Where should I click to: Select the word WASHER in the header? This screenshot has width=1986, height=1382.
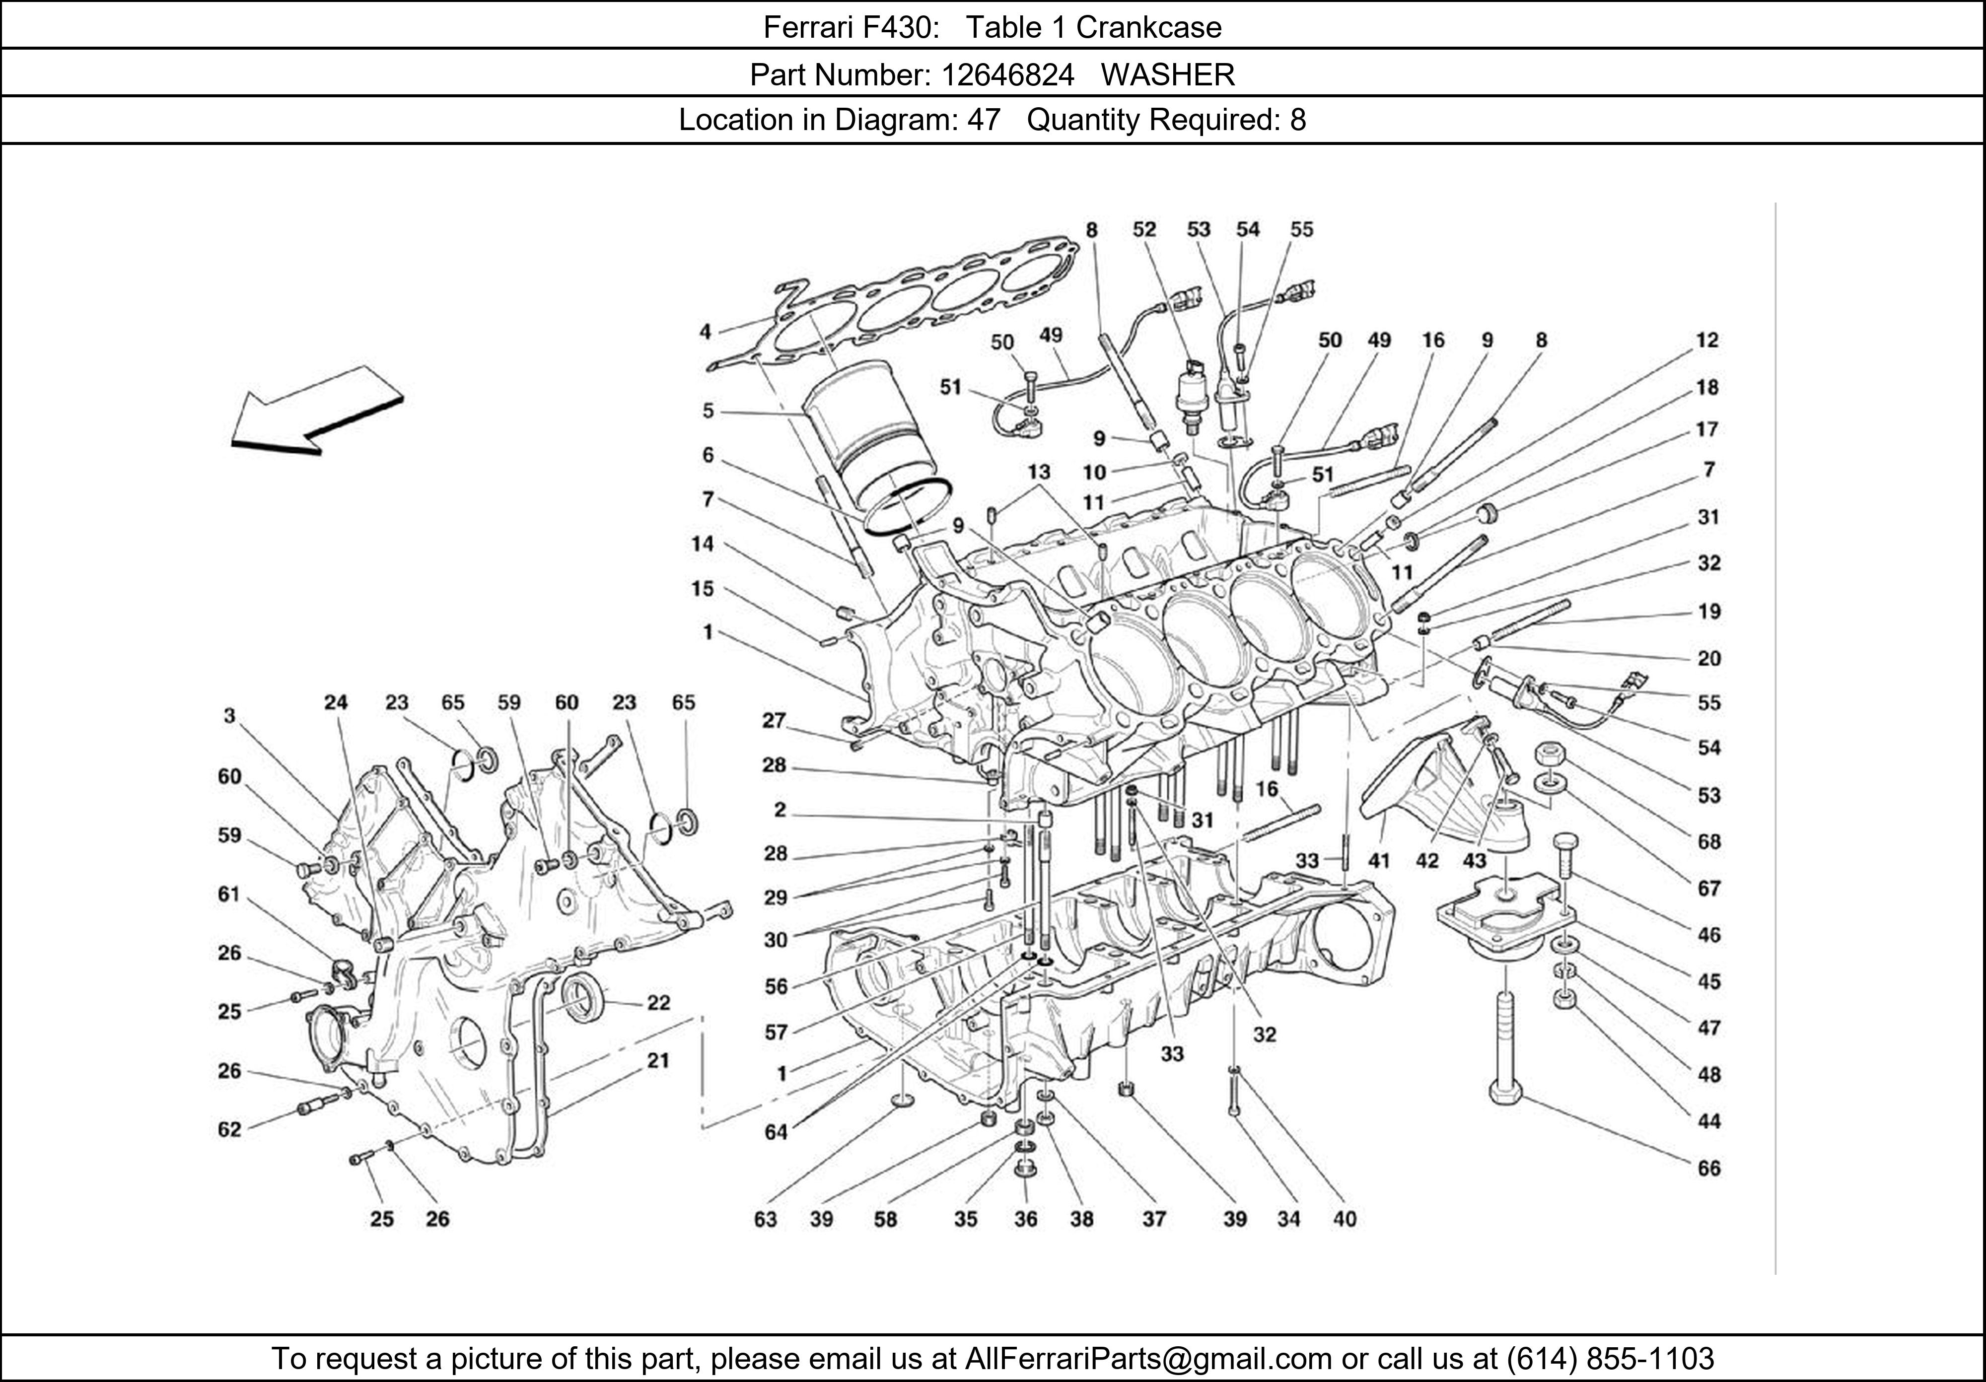click(1168, 75)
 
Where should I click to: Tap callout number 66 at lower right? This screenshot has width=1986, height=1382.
click(1708, 1169)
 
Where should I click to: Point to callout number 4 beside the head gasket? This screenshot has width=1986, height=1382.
click(706, 331)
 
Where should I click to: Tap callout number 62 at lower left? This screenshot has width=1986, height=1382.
click(229, 1129)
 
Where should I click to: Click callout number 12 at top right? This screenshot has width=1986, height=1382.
click(1706, 340)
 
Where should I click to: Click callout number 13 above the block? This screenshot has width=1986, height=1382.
click(1038, 471)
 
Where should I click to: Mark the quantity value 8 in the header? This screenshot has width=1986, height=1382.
click(1297, 119)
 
